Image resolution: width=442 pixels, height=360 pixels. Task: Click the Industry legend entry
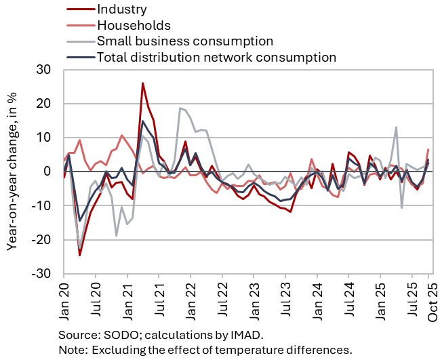pyautogui.click(x=121, y=9)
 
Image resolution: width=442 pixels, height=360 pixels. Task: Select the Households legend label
pyautogui.click(x=133, y=25)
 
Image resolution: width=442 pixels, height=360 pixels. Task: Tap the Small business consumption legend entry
pyautogui.click(x=184, y=41)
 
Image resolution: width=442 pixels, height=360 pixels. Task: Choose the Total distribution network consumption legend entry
pyautogui.click(x=216, y=57)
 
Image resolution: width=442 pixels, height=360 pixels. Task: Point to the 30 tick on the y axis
pyautogui.click(x=44, y=70)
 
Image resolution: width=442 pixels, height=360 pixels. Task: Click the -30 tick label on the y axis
pyautogui.click(x=42, y=273)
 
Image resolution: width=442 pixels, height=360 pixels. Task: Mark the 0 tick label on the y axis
pyautogui.click(x=48, y=172)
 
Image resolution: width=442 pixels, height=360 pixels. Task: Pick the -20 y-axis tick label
pyautogui.click(x=42, y=239)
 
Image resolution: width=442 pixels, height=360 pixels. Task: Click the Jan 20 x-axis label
pyautogui.click(x=64, y=296)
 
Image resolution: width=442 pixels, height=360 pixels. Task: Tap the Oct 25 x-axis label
pyautogui.click(x=429, y=296)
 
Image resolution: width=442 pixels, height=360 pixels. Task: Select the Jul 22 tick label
pyautogui.click(x=222, y=296)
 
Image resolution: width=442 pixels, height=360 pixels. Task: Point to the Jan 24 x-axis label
pyautogui.click(x=317, y=296)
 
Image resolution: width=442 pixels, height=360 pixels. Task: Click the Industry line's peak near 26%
pyautogui.click(x=143, y=83)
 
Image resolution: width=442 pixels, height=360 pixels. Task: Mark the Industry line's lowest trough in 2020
pyautogui.click(x=79, y=255)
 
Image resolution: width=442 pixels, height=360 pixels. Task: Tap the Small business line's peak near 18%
pyautogui.click(x=180, y=108)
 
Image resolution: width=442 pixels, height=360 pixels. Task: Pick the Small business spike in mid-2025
pyautogui.click(x=396, y=127)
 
